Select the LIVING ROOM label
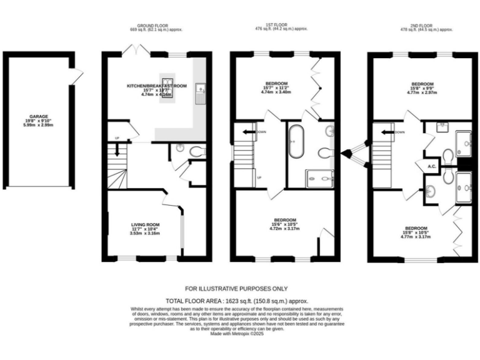pos(145,224)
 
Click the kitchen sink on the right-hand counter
pos(200,94)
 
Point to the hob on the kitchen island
pos(167,89)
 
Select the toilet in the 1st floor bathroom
pos(326,153)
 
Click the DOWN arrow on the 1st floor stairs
pos(249,132)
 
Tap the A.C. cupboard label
pos(431,166)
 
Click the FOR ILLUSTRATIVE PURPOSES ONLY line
pos(236,289)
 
